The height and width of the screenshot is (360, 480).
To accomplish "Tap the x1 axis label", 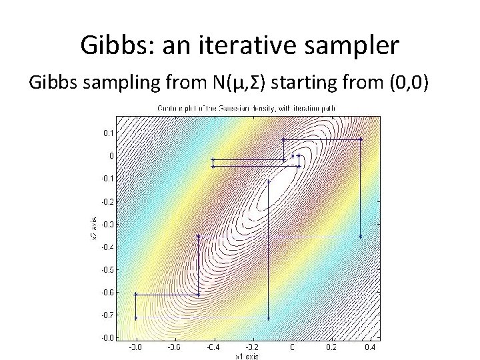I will point(247,357).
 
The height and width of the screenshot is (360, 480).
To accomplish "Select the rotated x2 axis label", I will point(93,228).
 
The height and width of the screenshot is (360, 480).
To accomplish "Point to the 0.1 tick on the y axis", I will point(107,133).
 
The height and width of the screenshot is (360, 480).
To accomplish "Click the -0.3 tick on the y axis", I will point(107,224).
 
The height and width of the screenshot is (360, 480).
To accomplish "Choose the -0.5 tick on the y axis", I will point(107,269).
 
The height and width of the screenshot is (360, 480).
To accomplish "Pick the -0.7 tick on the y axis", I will point(107,315).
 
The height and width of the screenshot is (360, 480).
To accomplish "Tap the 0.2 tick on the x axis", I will point(331,347).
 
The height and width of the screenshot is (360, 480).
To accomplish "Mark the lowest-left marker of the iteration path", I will point(136,318).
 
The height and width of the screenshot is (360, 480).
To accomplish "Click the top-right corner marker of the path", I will point(361,139).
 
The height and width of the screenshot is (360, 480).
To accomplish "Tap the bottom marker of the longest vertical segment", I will point(268,318).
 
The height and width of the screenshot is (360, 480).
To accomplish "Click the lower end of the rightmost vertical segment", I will point(361,237).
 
